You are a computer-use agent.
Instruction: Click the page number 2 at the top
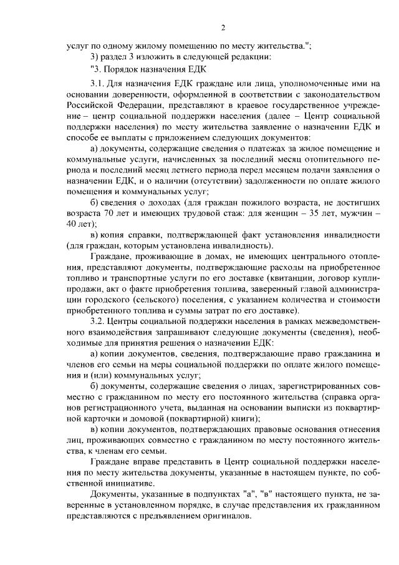coord(223,27)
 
